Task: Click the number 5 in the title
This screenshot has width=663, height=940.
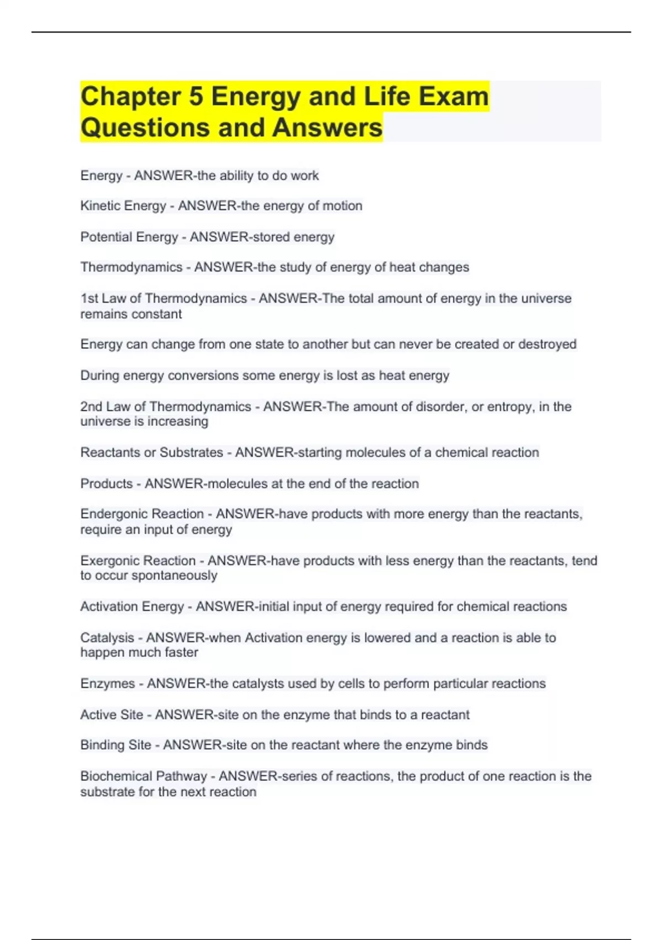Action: click(196, 97)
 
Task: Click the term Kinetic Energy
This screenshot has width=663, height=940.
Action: click(123, 206)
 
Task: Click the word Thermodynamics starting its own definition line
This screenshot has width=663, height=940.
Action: click(131, 267)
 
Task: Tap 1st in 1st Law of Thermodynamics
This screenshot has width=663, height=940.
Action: click(89, 298)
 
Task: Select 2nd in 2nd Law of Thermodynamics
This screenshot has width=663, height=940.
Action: click(91, 406)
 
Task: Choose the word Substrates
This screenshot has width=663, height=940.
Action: click(191, 452)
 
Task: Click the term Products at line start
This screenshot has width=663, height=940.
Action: click(106, 483)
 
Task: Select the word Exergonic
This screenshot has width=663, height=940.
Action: click(110, 560)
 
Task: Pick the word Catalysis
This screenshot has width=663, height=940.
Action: click(107, 638)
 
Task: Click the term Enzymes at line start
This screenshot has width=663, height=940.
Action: click(107, 683)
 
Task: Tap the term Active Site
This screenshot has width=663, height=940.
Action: click(112, 714)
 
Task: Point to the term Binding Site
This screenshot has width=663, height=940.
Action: click(115, 745)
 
